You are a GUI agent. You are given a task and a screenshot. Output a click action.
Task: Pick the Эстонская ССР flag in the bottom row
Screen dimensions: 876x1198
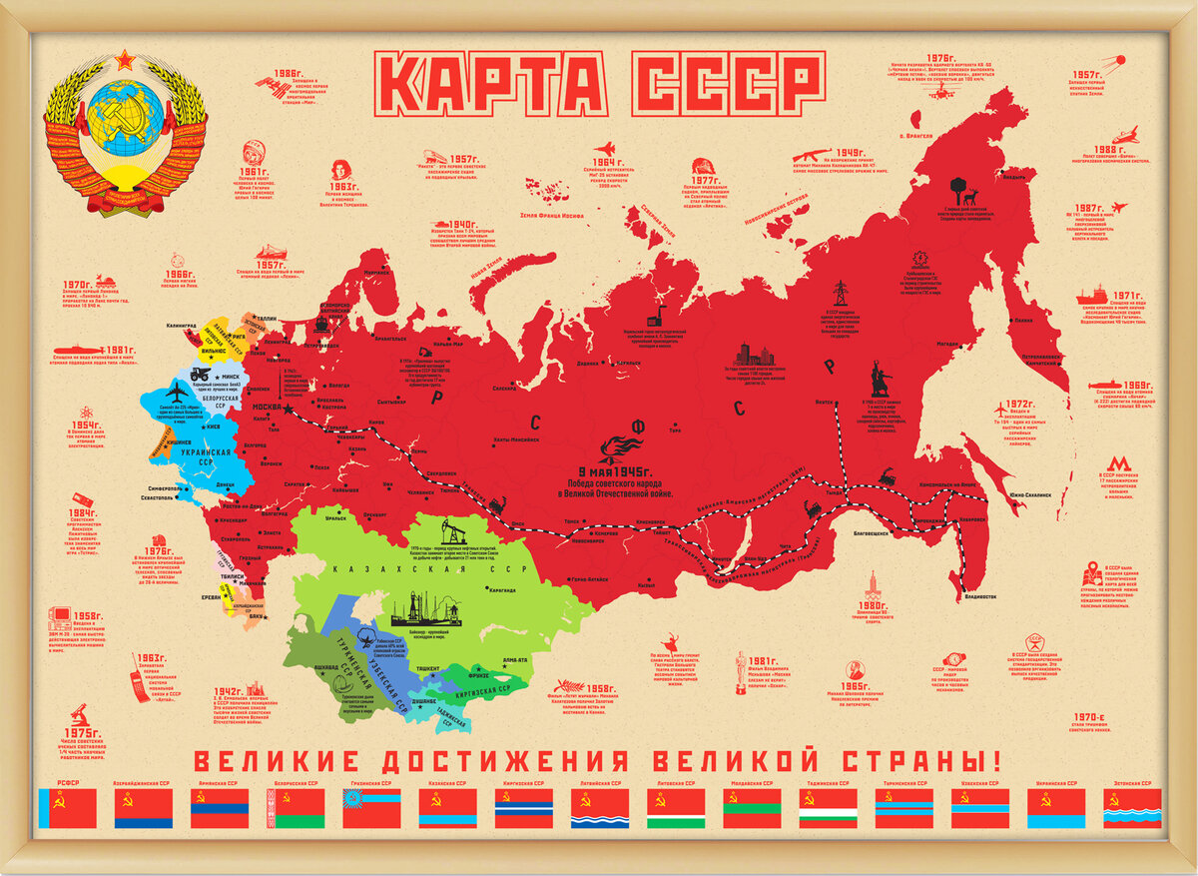1132,809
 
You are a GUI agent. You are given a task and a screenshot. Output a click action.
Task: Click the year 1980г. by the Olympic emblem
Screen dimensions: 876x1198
874,605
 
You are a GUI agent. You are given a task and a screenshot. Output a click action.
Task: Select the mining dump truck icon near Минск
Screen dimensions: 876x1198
212,373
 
